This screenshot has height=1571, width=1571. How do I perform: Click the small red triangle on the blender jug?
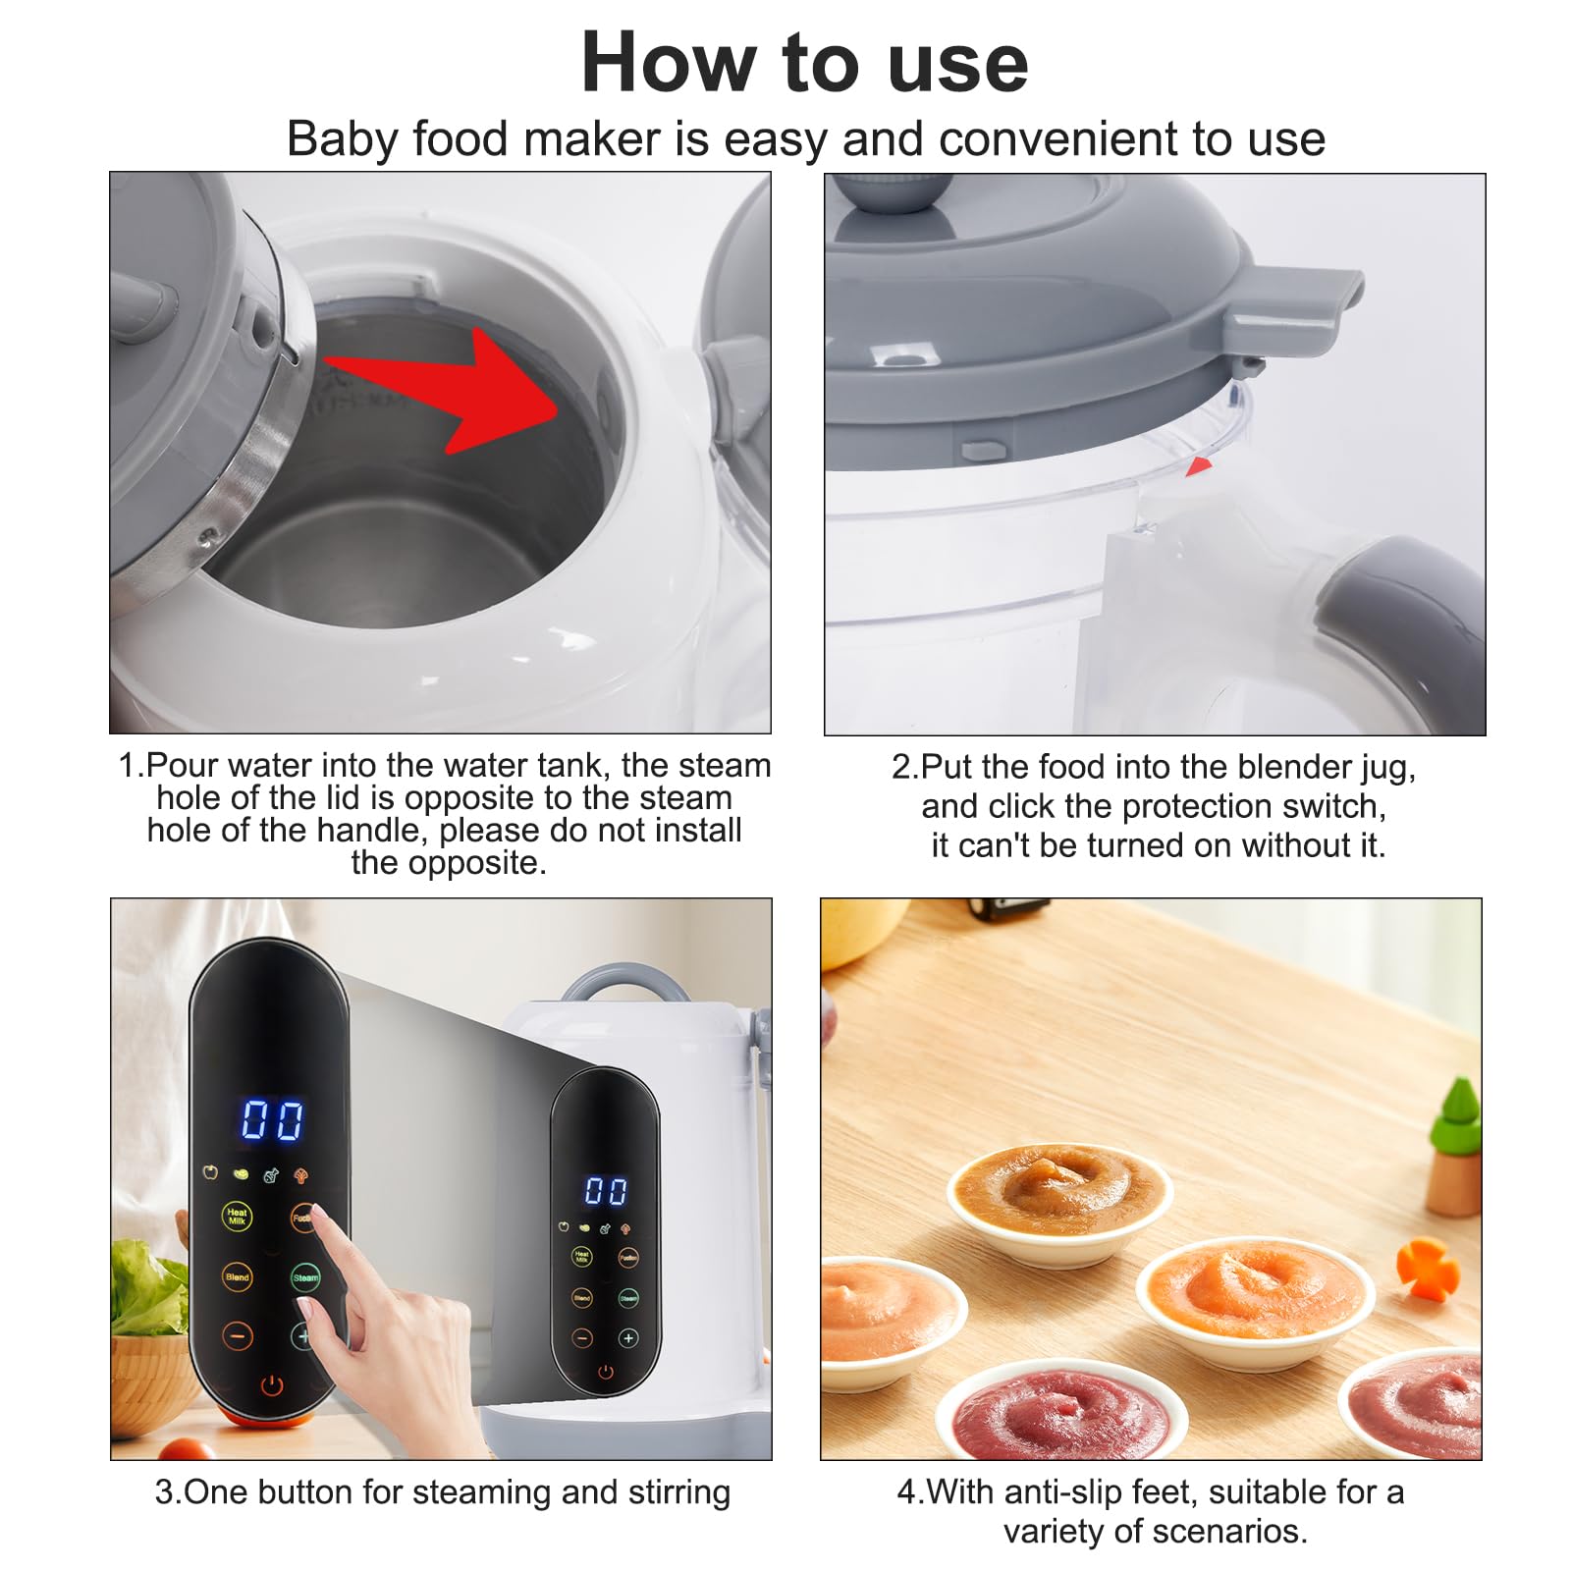pos(1199,466)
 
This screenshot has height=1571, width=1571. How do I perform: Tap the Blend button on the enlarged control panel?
pos(237,1276)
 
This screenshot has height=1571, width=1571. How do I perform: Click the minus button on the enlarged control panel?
pos(237,1335)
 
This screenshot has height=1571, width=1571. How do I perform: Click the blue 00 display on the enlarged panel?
pos(272,1119)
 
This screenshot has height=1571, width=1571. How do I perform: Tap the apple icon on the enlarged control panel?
pos(209,1171)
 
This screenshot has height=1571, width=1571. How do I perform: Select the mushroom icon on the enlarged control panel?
pos(301,1175)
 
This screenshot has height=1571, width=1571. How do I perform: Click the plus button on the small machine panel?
pos(628,1337)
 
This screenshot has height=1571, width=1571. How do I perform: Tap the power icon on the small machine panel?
pos(605,1372)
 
